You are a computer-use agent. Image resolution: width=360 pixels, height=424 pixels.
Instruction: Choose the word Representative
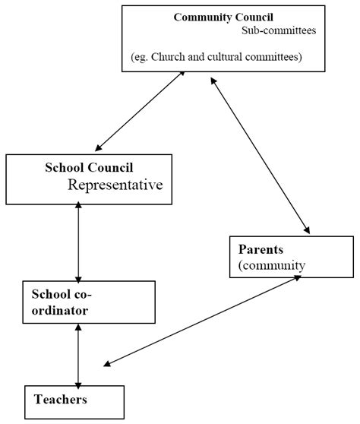point(115,185)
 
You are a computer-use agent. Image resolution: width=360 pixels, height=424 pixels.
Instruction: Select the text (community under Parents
point(271,265)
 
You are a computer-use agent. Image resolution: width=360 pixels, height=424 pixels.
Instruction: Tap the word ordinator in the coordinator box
point(60,311)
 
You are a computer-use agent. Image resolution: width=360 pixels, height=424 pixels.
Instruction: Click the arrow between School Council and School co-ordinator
point(78,243)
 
